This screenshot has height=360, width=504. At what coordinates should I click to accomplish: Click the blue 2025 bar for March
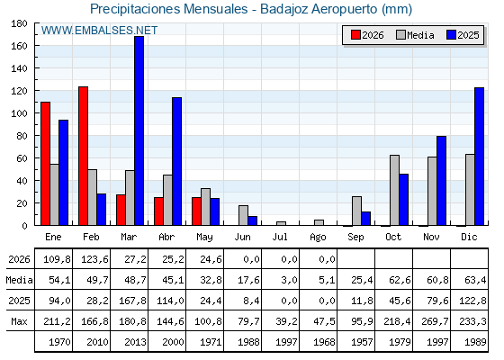click(139, 130)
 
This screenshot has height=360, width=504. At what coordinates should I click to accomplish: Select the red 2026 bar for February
click(83, 156)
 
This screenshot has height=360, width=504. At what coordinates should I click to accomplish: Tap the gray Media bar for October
click(395, 190)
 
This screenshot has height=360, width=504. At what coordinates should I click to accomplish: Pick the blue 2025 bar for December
click(479, 157)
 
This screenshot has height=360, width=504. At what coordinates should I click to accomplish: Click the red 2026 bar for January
click(46, 164)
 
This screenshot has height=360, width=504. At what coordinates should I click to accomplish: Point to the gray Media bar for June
click(243, 215)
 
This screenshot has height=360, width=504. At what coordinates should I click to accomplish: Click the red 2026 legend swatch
click(355, 35)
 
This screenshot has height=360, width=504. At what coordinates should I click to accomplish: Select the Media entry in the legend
click(415, 35)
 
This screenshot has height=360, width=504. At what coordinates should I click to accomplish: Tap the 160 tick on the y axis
click(19, 46)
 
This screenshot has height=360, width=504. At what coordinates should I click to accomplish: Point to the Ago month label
click(318, 238)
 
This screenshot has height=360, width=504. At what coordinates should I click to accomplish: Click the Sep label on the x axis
click(355, 238)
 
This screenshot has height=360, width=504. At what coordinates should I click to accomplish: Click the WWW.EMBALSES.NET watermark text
click(99, 31)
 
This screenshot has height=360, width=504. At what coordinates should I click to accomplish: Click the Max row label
click(19, 321)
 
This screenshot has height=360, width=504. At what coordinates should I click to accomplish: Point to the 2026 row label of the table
click(19, 259)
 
